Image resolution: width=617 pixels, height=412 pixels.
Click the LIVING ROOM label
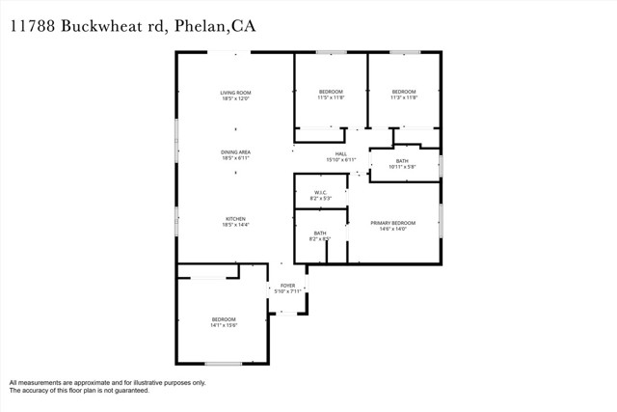click(x=235, y=92)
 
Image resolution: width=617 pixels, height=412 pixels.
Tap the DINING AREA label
click(x=235, y=151)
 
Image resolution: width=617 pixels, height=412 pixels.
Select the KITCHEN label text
click(x=235, y=218)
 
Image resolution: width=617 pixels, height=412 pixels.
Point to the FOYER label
click(x=287, y=286)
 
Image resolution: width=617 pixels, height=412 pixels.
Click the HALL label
click(x=340, y=153)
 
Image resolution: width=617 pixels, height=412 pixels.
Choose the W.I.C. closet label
click(x=319, y=192)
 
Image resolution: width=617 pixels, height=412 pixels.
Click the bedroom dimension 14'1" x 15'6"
click(x=224, y=325)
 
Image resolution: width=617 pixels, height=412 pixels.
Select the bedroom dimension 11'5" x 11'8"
click(x=331, y=97)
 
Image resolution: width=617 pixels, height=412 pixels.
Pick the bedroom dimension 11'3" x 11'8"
click(x=403, y=97)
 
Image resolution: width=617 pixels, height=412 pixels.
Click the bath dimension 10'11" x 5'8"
click(x=402, y=167)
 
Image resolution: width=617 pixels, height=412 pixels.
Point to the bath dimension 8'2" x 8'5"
click(x=319, y=238)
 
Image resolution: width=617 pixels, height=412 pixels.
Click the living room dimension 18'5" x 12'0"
click(x=235, y=98)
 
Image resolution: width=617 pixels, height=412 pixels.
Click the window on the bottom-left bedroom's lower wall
click(x=223, y=363)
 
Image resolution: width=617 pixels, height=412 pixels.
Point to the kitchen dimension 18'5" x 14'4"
click(x=235, y=225)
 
